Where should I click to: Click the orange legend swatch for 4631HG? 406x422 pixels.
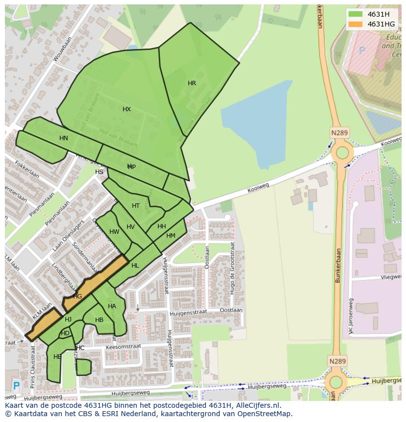click(356, 24)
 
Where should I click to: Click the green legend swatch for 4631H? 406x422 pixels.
click(356, 14)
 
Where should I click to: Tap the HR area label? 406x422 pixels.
click(192, 83)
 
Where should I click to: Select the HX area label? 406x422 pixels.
click(127, 109)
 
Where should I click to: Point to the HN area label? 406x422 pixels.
click(64, 138)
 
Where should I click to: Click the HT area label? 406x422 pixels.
click(136, 206)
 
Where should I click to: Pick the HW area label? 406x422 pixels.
click(114, 232)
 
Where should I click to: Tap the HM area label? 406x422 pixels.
click(171, 236)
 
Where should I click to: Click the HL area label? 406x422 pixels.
click(135, 266)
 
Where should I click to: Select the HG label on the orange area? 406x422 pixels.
click(77, 297)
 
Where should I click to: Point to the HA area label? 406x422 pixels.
click(112, 306)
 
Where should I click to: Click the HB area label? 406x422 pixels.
click(99, 320)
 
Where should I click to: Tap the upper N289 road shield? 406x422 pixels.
click(339, 132)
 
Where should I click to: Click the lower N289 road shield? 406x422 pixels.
click(337, 361)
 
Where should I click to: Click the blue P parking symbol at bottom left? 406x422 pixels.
click(16, 386)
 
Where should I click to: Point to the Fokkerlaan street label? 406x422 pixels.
click(27, 169)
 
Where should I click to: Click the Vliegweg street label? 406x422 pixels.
click(391, 277)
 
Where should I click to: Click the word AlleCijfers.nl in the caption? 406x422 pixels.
click(257, 405)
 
